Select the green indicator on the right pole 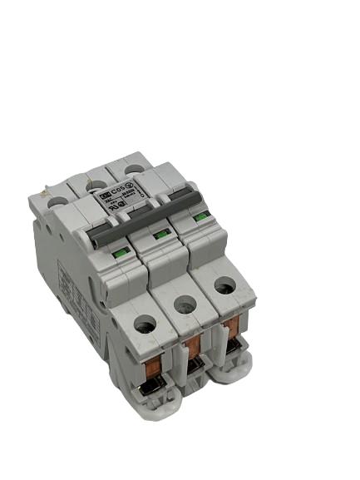[199, 219]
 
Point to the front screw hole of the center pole [184, 303]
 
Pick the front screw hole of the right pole [224, 285]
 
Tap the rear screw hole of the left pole [57, 200]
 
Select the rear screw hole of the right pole [133, 168]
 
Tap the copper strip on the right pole [232, 325]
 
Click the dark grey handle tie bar [145, 214]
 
